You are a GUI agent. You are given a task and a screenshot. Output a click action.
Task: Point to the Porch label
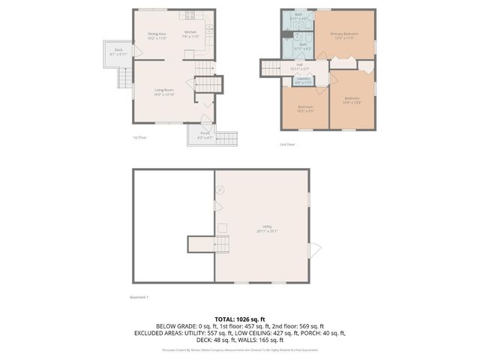tap(204, 134)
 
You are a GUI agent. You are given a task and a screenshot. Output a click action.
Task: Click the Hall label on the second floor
tap(299, 66)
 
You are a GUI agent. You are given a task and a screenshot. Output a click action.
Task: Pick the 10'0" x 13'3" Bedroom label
tap(352, 100)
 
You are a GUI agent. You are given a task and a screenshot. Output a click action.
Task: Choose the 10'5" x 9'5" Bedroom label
tap(305, 108)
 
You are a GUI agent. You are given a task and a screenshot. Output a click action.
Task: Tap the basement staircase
tap(200, 244)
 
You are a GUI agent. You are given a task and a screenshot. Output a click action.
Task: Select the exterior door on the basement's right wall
tap(314, 249)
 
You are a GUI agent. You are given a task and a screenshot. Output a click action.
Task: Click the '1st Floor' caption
tap(139, 138)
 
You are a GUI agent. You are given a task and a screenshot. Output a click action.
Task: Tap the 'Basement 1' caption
tap(139, 298)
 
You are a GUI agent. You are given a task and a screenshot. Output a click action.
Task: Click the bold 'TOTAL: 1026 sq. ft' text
tap(239, 319)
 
